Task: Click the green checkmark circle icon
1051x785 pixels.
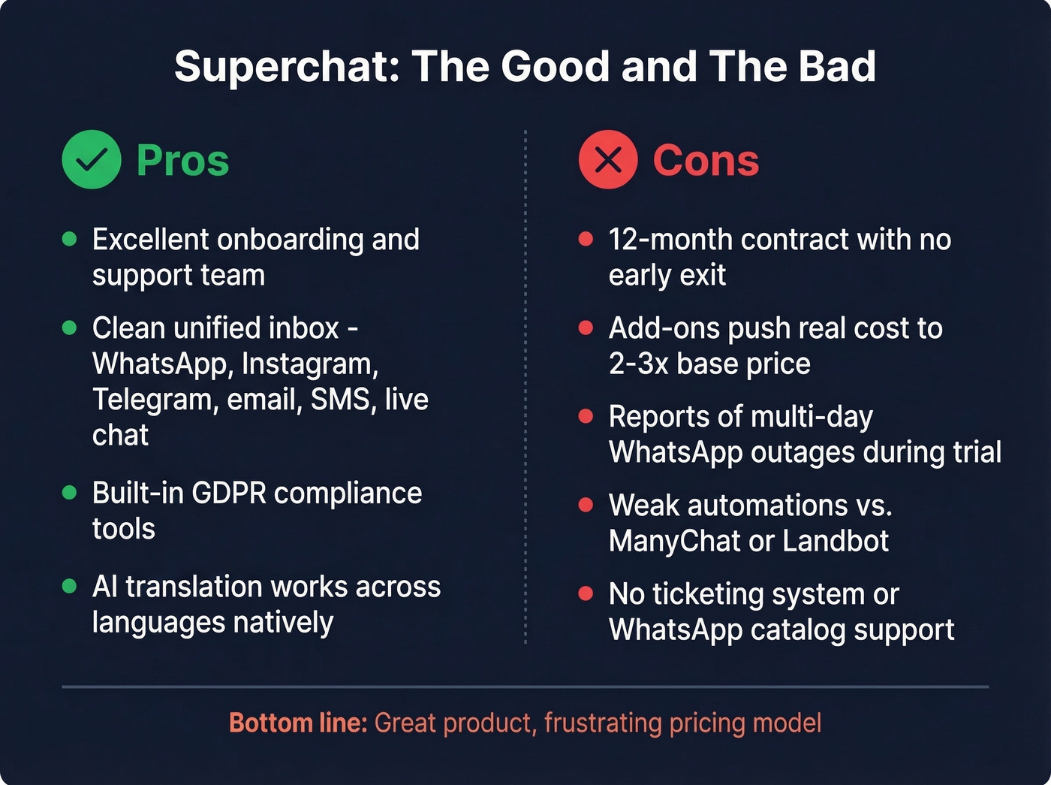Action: (x=92, y=159)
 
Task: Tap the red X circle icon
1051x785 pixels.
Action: (x=608, y=159)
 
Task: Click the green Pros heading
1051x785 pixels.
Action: (x=182, y=161)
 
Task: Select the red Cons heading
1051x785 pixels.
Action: (x=706, y=161)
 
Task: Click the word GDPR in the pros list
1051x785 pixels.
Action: (x=229, y=494)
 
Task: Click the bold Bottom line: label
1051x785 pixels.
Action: (x=297, y=723)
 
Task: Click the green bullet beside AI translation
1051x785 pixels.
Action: (x=69, y=586)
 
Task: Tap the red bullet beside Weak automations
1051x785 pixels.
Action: (x=586, y=505)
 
